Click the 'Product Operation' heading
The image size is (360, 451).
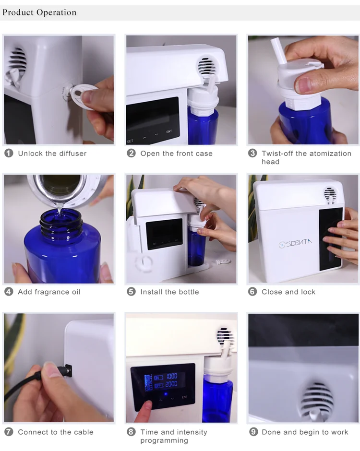(x=39, y=12)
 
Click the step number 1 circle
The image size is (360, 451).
(x=9, y=153)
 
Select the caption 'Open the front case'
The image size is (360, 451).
(x=177, y=154)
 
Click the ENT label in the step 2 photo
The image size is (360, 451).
(x=169, y=131)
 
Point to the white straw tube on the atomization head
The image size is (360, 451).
(x=278, y=51)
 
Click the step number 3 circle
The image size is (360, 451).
(x=252, y=153)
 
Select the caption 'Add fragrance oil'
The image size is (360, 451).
(x=49, y=292)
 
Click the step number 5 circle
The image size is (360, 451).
(x=131, y=292)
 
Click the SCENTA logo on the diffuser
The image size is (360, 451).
(x=295, y=243)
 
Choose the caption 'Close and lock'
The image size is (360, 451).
(x=288, y=292)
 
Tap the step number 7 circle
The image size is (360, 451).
(x=9, y=432)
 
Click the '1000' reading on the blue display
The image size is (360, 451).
(x=171, y=376)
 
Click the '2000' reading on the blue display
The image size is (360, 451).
(x=171, y=384)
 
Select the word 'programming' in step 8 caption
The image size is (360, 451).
(x=164, y=440)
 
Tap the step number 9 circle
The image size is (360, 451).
(x=253, y=432)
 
